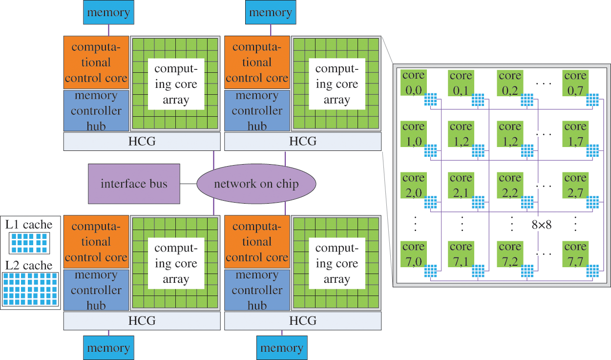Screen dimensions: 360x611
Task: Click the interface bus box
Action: pos(134,184)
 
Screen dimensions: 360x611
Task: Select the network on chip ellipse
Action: pos(256,184)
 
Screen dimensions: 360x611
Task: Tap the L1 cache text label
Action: pos(29,225)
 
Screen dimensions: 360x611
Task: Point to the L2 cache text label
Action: pos(29,265)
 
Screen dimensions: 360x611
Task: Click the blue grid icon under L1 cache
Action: pos(29,243)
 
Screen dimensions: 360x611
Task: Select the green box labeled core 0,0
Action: pos(413,82)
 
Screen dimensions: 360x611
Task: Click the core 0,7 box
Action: pos(575,82)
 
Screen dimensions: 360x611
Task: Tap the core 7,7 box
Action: pos(575,253)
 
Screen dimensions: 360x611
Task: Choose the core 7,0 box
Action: pos(413,253)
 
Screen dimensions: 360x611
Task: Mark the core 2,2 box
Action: pos(510,185)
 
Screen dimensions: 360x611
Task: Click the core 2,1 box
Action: pos(461,185)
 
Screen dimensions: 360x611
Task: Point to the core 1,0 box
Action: pos(413,133)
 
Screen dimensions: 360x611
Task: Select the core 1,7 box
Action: pos(575,133)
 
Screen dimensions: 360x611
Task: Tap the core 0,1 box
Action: pos(461,82)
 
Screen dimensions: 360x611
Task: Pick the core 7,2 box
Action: pos(510,253)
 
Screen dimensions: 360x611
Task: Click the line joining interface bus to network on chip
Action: pos(188,184)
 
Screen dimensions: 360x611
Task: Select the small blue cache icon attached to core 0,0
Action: pos(430,100)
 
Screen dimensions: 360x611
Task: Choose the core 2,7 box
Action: pos(575,185)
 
